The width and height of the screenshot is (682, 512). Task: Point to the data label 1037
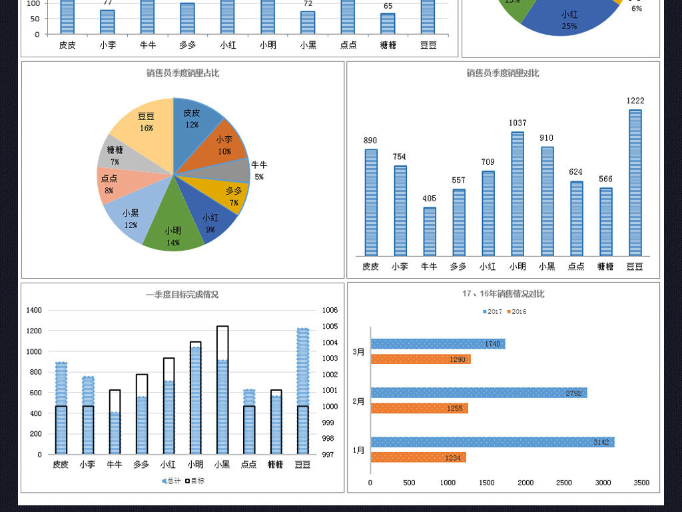tap(517, 123)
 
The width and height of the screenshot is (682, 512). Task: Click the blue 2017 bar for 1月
tap(492, 442)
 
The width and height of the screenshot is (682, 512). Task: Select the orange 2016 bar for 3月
tap(420, 359)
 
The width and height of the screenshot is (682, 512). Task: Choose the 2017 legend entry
tap(492, 311)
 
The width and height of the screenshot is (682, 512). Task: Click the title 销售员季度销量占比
tap(182, 73)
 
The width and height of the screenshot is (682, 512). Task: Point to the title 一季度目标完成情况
tap(182, 294)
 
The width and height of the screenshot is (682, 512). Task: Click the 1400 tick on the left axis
tap(34, 310)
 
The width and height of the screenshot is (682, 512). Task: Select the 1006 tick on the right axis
tap(330, 310)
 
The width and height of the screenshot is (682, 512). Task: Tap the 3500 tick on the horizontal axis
tap(641, 483)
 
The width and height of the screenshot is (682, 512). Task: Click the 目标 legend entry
tap(194, 481)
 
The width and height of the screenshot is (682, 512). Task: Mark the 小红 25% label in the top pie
tap(569, 20)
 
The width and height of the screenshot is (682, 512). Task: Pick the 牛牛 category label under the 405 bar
tap(429, 266)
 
